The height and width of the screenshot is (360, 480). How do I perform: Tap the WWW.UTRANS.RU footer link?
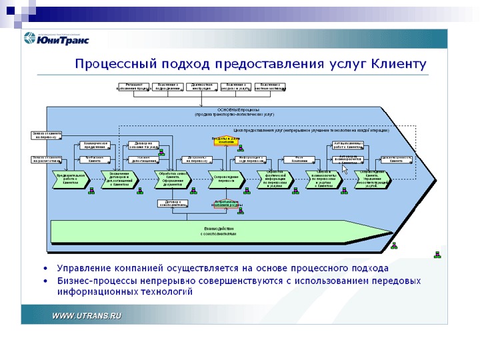click(x=87, y=315)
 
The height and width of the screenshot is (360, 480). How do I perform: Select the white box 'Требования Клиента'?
click(x=93, y=159)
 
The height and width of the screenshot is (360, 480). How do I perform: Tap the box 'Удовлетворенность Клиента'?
click(x=396, y=159)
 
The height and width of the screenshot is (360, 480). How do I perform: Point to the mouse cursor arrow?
click(x=345, y=169)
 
